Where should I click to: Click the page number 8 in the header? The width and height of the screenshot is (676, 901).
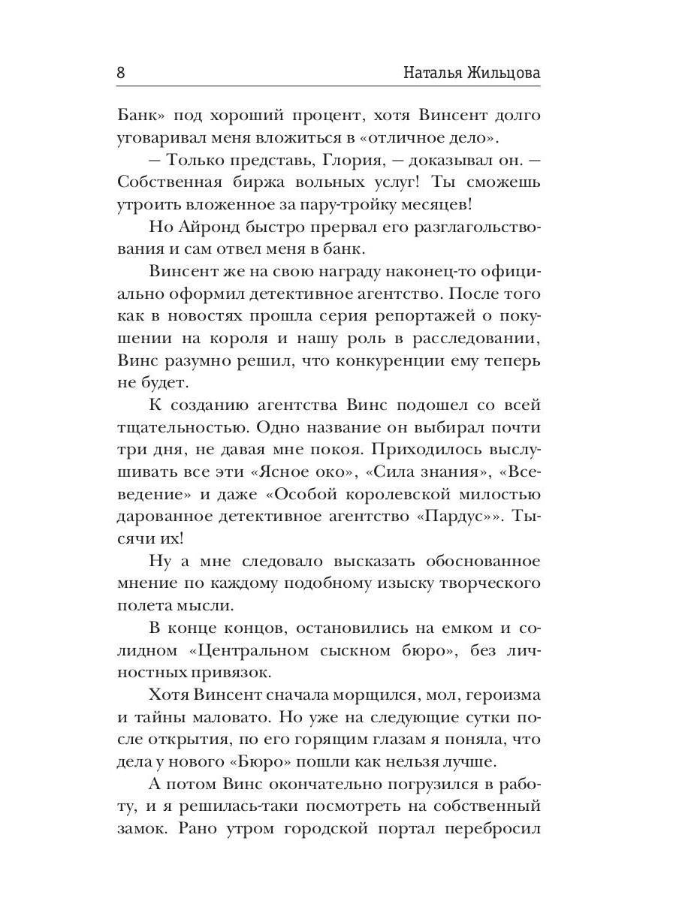(121, 73)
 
